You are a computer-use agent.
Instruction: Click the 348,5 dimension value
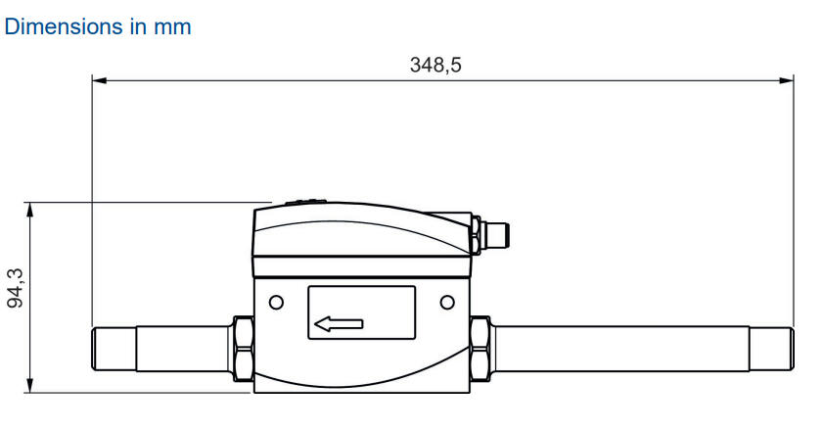435,65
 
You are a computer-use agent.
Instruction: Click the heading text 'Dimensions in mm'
98,27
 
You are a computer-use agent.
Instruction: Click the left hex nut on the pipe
244,349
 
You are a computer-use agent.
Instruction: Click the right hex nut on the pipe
480,349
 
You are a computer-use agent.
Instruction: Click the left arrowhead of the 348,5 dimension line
99,80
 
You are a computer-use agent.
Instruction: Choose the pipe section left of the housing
182,349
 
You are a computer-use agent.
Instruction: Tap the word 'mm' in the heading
173,27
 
